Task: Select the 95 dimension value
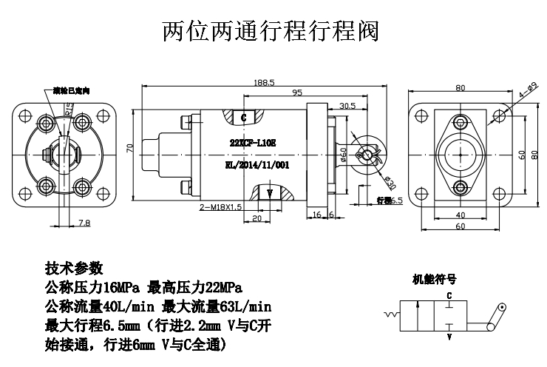[x=296, y=93]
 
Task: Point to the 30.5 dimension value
[x=347, y=106]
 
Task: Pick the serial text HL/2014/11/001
[x=254, y=167]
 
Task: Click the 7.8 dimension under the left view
[x=84, y=223]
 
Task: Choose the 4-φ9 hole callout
[x=526, y=92]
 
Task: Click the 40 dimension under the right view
[x=461, y=215]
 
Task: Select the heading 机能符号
[x=434, y=280]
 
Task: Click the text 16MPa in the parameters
[x=119, y=287]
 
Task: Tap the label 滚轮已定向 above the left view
[x=71, y=91]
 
